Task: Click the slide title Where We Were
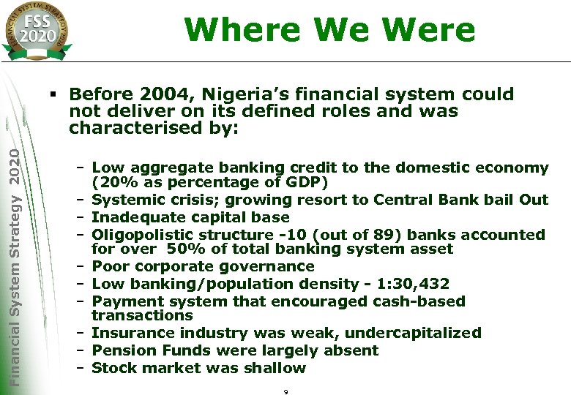(x=329, y=30)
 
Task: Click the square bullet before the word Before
(x=53, y=94)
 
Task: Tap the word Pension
(x=119, y=350)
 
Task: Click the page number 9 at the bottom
(x=285, y=391)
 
